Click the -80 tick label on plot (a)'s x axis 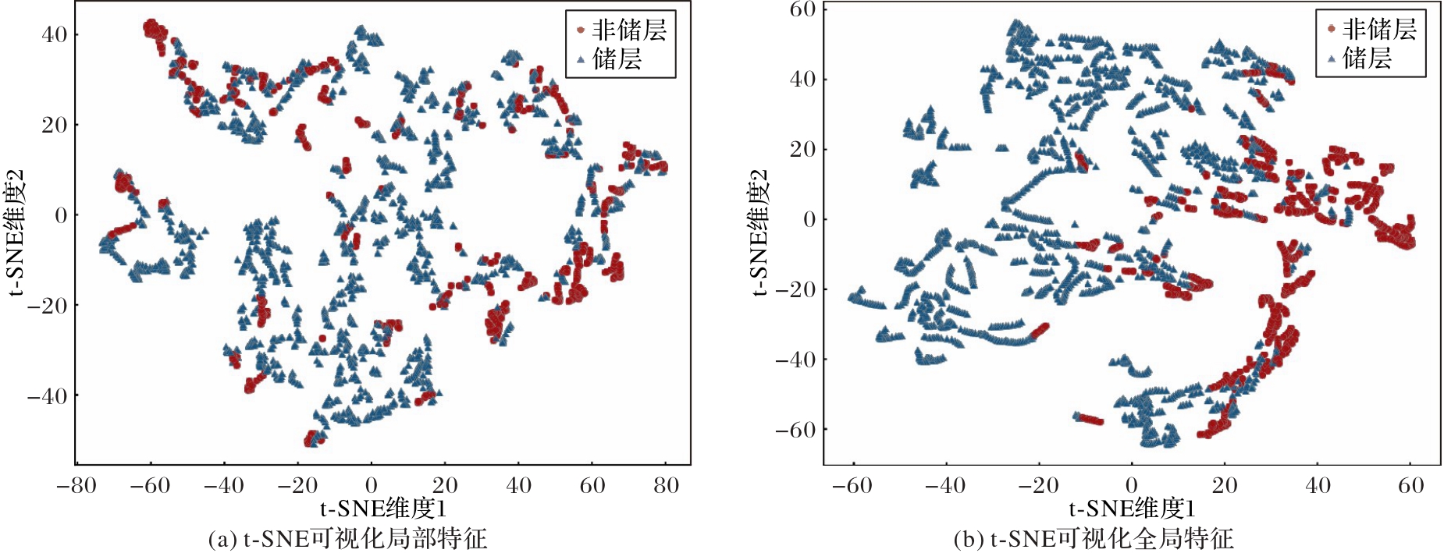click(76, 486)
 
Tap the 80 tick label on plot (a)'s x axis click(666, 486)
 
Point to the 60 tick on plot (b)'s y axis click(802, 9)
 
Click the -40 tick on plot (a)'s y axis click(48, 396)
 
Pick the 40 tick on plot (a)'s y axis click(55, 34)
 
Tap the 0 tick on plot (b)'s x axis click(1131, 486)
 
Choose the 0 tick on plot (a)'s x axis click(371, 486)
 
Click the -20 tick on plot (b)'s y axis click(795, 289)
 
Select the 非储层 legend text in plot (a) click(629, 30)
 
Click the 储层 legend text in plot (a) click(617, 58)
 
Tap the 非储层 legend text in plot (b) click(1379, 29)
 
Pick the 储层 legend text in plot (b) click(1367, 57)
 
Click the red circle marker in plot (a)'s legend click(580, 30)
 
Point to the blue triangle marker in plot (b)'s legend click(1331, 58)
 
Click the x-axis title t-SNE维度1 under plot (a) click(383, 509)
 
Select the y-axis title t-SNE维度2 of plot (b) click(759, 232)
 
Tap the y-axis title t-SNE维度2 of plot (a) click(16, 232)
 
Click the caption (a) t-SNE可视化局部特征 click(347, 539)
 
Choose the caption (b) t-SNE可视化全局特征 click(1094, 539)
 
